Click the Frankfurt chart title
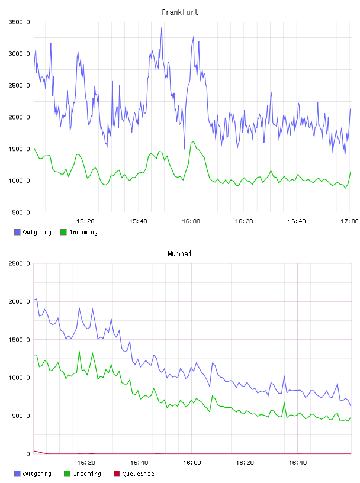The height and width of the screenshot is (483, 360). click(180, 12)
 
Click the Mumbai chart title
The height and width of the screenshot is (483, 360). click(179, 254)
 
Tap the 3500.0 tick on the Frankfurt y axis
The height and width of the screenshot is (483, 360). click(19, 22)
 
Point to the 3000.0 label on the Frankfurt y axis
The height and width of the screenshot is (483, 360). click(19, 54)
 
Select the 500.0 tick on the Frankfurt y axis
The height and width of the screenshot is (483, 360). click(21, 212)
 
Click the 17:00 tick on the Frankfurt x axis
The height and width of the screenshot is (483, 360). click(349, 221)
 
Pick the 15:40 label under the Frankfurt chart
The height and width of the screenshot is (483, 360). click(138, 221)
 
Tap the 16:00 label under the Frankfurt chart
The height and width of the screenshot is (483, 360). click(191, 221)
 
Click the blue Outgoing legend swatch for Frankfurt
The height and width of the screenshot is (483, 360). click(17, 232)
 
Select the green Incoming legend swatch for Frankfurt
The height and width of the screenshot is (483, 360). click(63, 232)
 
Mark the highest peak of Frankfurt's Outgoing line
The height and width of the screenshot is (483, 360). click(162, 28)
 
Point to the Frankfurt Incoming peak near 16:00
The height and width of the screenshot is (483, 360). click(193, 141)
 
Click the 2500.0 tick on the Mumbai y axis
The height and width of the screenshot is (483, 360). click(19, 263)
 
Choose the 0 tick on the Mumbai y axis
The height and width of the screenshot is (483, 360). click(28, 454)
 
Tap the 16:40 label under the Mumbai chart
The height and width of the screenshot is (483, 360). click(298, 462)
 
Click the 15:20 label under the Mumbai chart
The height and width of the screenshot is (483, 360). click(86, 462)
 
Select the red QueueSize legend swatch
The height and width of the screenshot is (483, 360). click(117, 474)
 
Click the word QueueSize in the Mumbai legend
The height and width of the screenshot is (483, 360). click(138, 474)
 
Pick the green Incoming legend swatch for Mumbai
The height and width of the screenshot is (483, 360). click(67, 474)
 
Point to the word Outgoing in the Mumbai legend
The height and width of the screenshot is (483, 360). click(37, 474)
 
